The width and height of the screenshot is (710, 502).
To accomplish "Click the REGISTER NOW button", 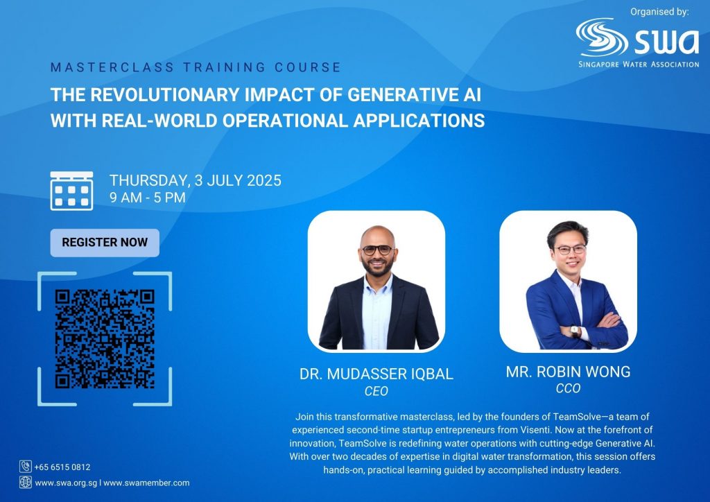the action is [x=105, y=243].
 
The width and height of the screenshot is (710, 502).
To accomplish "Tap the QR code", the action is [x=105, y=339].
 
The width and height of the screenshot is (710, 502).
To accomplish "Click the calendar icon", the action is [x=71, y=191].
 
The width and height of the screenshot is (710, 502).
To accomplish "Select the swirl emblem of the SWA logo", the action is [x=602, y=37].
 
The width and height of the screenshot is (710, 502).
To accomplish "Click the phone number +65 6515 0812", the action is [x=62, y=467].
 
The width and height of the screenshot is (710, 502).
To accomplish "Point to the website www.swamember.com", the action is [x=147, y=483].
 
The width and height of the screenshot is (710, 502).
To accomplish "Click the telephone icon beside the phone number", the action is [x=26, y=466].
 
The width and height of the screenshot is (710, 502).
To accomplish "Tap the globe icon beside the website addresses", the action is [x=26, y=482].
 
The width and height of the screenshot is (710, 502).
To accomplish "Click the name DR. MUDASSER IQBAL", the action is [x=376, y=374].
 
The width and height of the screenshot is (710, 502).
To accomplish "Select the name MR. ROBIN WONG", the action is [x=569, y=372].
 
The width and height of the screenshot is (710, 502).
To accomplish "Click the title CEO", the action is [x=376, y=391].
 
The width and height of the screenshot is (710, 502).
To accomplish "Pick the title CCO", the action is [x=569, y=388].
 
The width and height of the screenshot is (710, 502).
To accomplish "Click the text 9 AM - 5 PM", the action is [x=148, y=198].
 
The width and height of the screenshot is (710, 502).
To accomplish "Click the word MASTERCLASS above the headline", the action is [x=112, y=67].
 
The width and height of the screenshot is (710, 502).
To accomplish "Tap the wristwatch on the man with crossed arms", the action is [x=575, y=331].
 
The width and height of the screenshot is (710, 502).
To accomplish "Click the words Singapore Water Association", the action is [x=639, y=64].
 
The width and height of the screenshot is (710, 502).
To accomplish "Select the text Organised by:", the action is [x=660, y=12].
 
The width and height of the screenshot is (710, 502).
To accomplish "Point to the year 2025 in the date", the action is [x=264, y=180].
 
